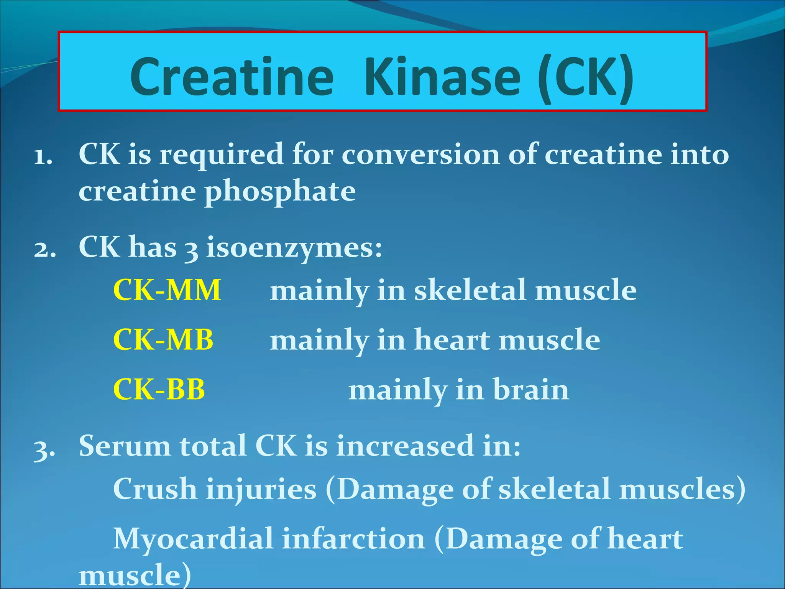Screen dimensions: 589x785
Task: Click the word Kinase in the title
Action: tap(443, 77)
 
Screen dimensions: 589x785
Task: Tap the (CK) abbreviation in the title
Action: tap(585, 77)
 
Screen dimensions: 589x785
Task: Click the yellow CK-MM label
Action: tap(167, 290)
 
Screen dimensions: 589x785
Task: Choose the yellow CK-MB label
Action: tap(163, 340)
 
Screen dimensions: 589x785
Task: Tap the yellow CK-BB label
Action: tap(159, 390)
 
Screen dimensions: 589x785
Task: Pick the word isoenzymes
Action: tap(294, 248)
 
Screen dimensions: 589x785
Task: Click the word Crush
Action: tap(155, 489)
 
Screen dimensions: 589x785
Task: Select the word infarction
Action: tap(354, 539)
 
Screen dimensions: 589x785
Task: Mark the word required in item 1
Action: tap(221, 155)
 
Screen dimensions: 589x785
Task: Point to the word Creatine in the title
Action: tap(232, 77)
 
